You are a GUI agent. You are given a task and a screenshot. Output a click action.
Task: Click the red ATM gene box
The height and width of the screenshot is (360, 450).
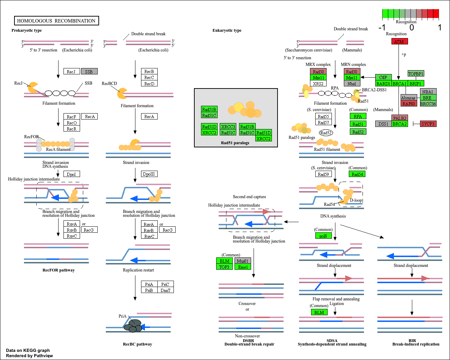[400, 42]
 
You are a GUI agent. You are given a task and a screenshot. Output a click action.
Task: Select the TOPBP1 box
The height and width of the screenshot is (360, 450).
[416, 74]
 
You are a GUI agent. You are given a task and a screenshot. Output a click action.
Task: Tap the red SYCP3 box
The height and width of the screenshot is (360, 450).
[428, 124]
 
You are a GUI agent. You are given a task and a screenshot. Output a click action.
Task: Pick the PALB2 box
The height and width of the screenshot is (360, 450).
[400, 118]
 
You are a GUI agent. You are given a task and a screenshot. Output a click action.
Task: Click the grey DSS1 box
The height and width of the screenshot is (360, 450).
[383, 124]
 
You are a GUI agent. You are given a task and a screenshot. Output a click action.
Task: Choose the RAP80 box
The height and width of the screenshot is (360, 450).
[408, 104]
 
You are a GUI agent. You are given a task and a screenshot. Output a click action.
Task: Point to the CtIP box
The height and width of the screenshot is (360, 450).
[383, 78]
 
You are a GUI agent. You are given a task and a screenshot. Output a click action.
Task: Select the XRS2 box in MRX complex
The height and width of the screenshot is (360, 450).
[318, 84]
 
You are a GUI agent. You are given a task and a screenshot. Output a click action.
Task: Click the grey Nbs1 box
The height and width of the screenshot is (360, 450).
[352, 84]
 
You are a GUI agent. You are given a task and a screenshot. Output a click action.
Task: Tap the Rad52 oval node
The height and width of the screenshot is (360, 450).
[326, 133]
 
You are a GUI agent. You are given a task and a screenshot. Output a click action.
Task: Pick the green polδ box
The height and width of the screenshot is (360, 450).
[323, 236]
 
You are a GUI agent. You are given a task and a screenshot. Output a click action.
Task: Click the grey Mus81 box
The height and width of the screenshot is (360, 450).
[243, 261]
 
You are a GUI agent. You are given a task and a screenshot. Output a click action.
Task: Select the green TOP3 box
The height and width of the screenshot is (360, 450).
[224, 267]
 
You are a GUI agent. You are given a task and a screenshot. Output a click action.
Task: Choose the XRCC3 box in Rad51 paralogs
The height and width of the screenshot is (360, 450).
[228, 127]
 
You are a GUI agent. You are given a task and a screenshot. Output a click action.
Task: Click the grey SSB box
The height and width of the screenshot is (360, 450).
[89, 72]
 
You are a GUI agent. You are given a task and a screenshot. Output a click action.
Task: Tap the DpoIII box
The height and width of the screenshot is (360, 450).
[149, 174]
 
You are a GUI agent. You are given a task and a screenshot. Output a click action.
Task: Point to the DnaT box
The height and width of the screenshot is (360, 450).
[165, 290]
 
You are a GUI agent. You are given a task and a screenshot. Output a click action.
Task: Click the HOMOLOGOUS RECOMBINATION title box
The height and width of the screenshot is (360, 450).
[56, 21]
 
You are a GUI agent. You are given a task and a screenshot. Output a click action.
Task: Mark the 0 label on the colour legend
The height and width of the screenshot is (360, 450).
[412, 28]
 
